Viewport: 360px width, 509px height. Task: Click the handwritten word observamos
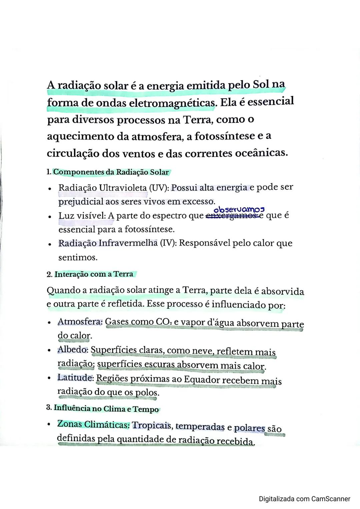pyautogui.click(x=239, y=210)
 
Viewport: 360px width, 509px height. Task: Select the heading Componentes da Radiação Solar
pyautogui.click(x=111, y=172)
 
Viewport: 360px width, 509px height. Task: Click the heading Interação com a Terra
pyautogui.click(x=94, y=274)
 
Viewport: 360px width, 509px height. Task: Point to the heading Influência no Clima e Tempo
pyautogui.click(x=106, y=408)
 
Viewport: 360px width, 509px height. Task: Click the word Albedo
pyautogui.click(x=73, y=350)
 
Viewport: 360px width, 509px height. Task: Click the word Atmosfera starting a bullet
pyautogui.click(x=80, y=322)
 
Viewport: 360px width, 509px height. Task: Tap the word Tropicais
pyautogui.click(x=152, y=425)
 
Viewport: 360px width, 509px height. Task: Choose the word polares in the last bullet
pyautogui.click(x=250, y=428)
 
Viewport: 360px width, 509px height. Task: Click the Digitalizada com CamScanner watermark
pyautogui.click(x=304, y=499)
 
